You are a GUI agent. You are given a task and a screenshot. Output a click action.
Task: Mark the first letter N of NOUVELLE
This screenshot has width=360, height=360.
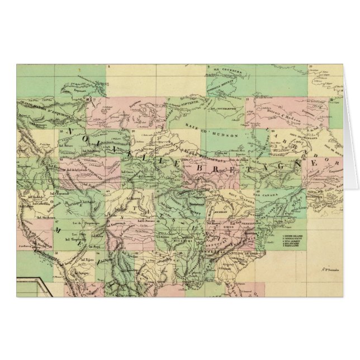(70, 131)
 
